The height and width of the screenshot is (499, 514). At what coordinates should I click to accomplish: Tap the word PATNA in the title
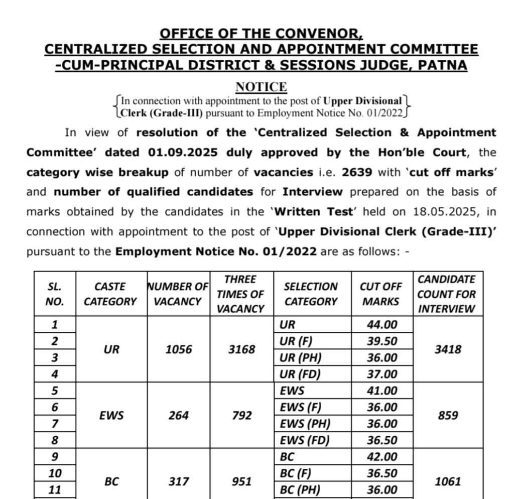tap(443, 65)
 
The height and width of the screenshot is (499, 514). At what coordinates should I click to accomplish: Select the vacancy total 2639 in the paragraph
tap(357, 172)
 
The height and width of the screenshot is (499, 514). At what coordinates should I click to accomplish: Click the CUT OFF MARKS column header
tap(381, 294)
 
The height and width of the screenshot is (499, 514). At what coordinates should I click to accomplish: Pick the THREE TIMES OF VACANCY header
tap(240, 294)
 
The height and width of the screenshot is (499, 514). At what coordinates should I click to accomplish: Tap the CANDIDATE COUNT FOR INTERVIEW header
tap(447, 294)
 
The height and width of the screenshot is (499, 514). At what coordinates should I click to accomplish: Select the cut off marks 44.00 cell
tap(381, 325)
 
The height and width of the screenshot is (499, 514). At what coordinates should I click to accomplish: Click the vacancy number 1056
tap(179, 349)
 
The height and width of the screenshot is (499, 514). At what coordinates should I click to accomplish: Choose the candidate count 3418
tap(447, 349)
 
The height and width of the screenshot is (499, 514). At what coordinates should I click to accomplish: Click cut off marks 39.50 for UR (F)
tap(381, 341)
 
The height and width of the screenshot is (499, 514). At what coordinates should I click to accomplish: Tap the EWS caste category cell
tap(111, 416)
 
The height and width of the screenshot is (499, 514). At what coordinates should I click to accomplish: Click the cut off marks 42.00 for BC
tap(381, 457)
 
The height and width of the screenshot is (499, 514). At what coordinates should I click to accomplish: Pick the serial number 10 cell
tap(55, 473)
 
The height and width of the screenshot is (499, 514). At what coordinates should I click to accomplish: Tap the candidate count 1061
tap(447, 481)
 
